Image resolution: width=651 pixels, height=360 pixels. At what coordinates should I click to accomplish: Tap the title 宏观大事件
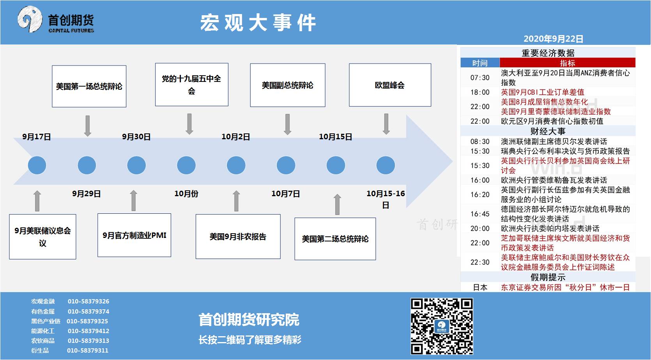tap(258, 22)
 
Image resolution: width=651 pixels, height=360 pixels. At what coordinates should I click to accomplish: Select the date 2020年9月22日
tap(554, 39)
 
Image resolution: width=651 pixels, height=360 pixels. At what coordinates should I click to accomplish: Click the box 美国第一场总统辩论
tap(89, 86)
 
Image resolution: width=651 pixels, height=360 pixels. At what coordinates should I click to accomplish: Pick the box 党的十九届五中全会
tap(191, 84)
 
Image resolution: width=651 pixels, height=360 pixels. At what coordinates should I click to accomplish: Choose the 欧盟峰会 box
tap(390, 85)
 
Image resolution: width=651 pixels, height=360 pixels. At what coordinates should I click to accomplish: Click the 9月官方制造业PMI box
tap(134, 235)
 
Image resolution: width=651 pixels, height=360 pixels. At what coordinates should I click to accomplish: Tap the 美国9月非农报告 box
tap(238, 236)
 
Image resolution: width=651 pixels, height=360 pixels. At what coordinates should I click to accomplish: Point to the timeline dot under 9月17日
tap(37, 165)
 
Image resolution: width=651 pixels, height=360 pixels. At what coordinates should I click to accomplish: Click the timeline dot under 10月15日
tap(336, 165)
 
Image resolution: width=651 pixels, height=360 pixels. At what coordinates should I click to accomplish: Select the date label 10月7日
tap(286, 194)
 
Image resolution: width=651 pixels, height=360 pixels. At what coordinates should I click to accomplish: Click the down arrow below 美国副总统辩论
tap(287, 124)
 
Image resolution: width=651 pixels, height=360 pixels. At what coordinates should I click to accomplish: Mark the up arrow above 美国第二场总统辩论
tap(337, 204)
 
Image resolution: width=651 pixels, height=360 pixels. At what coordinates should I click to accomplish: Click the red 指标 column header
tap(567, 63)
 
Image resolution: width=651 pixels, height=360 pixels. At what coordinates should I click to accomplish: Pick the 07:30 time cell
tap(480, 78)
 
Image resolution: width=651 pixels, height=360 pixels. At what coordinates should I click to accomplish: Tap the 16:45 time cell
tap(480, 214)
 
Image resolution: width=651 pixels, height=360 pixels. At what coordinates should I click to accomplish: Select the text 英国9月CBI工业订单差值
tap(542, 92)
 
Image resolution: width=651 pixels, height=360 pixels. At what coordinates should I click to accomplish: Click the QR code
tap(442, 326)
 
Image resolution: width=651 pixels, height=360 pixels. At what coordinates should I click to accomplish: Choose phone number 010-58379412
tap(88, 331)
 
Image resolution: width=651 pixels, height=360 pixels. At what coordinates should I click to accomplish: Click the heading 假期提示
tap(548, 277)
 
